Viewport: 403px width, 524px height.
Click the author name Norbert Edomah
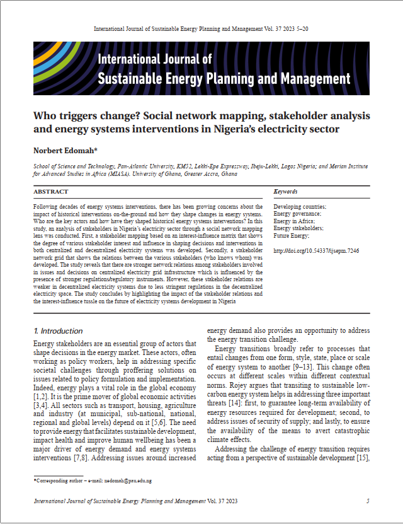tap(61, 151)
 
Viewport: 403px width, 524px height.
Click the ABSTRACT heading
tap(51, 192)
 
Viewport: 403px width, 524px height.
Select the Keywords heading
tap(286, 192)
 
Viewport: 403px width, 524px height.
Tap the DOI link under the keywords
tap(315, 251)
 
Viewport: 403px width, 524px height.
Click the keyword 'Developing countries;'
tap(300, 207)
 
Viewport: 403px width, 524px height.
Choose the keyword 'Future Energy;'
tap(292, 236)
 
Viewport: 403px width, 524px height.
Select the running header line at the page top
tap(201, 30)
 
